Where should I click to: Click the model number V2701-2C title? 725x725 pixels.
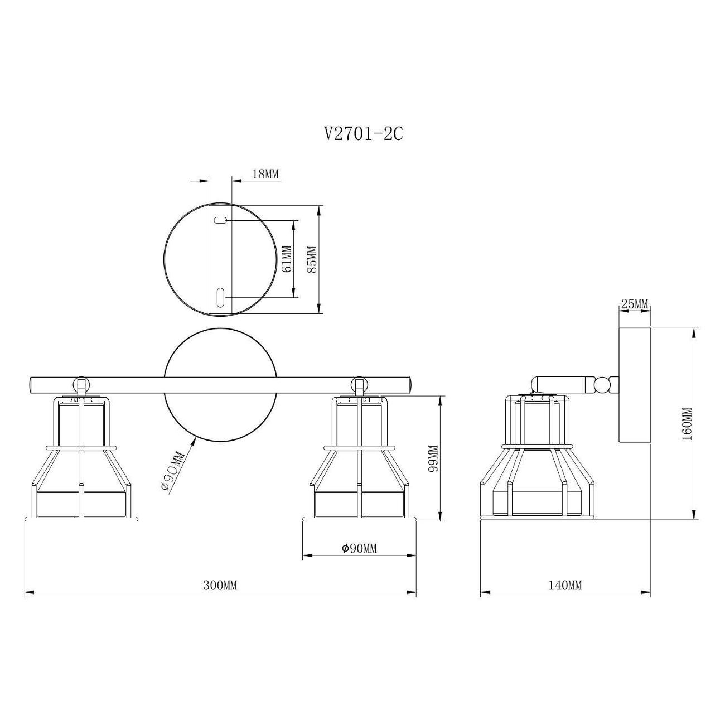pyautogui.click(x=363, y=133)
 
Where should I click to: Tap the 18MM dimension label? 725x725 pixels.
pyautogui.click(x=265, y=174)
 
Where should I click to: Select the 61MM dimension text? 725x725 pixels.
pyautogui.click(x=286, y=259)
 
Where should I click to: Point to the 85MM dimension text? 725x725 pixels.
pyautogui.click(x=312, y=259)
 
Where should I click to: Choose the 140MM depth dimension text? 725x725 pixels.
pyautogui.click(x=565, y=586)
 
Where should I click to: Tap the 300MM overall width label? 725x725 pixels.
pyautogui.click(x=220, y=586)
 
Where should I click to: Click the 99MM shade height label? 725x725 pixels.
pyautogui.click(x=433, y=458)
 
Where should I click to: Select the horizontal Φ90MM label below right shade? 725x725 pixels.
pyautogui.click(x=359, y=549)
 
